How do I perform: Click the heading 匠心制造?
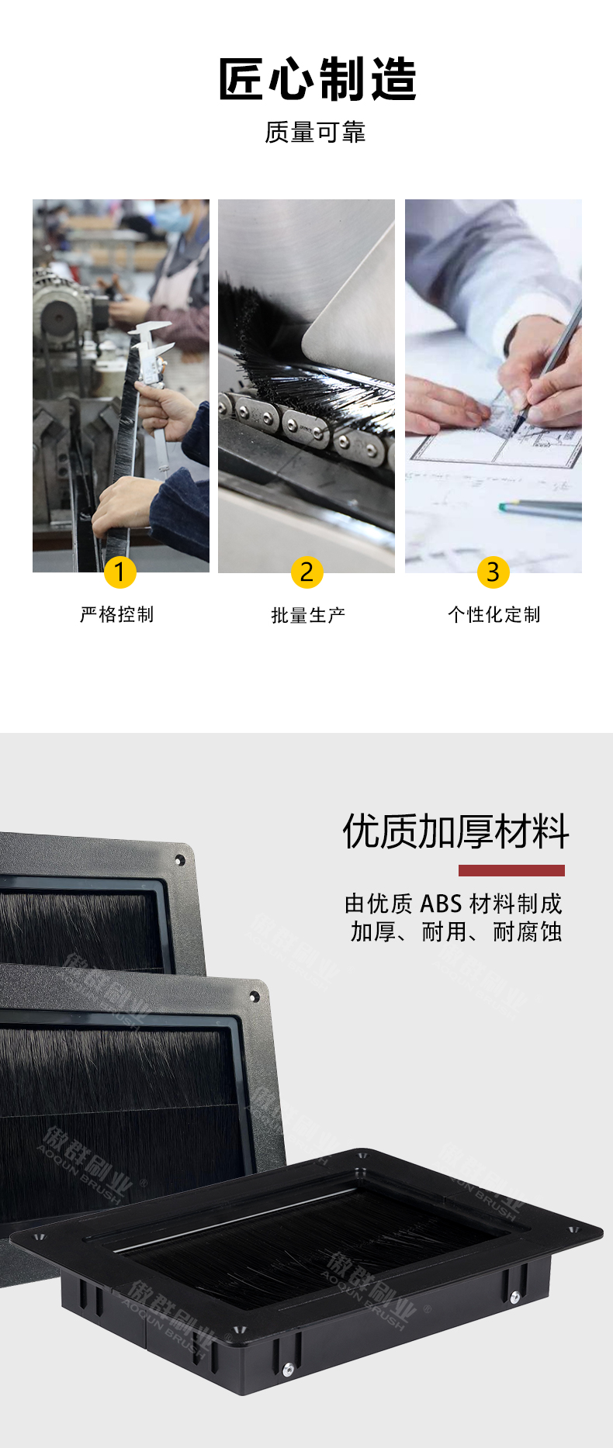[317, 79]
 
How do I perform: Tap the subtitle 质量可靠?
[315, 132]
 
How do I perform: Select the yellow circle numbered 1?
[119, 572]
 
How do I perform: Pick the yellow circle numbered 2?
[306, 572]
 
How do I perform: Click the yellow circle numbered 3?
[493, 572]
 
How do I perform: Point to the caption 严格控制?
[117, 614]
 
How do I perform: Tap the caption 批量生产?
[308, 615]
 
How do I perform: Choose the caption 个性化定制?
[494, 614]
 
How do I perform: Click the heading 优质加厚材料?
[455, 831]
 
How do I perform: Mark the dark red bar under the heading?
[511, 870]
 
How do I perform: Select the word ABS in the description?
[441, 904]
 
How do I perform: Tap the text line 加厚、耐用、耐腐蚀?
[456, 931]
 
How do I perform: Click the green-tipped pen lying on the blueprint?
[540, 508]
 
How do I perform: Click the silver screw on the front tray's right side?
[514, 1296]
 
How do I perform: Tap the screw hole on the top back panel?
[180, 860]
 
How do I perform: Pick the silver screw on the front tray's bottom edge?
[288, 1370]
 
